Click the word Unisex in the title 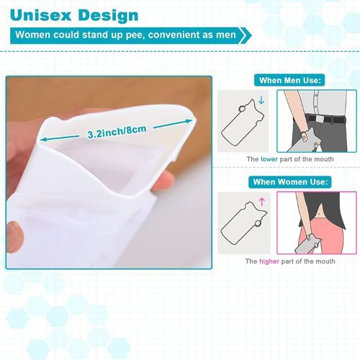(x=41, y=15)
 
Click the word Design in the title (x=108, y=16)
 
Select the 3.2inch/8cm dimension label (x=117, y=132)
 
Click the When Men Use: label (x=289, y=80)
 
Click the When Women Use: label (x=290, y=182)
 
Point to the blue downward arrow (x=261, y=100)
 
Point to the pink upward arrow (x=262, y=202)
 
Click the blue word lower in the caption (x=269, y=159)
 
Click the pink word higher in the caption (x=269, y=261)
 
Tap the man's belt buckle (x=320, y=119)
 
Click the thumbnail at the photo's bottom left (x=15, y=236)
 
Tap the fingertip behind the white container (x=164, y=181)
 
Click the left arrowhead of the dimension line (x=43, y=140)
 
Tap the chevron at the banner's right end (x=246, y=35)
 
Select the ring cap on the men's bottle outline (x=242, y=109)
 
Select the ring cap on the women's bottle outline (x=258, y=224)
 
